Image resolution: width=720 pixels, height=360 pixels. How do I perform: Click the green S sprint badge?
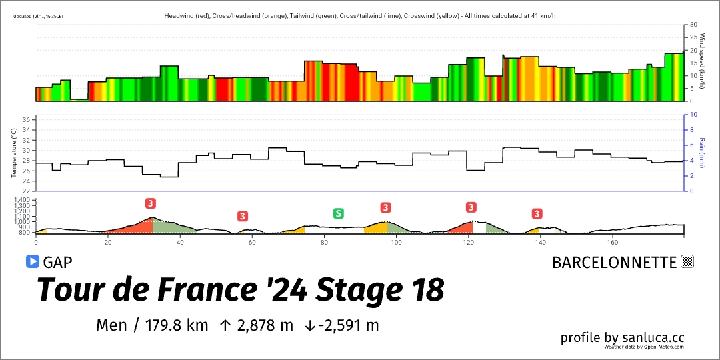339,213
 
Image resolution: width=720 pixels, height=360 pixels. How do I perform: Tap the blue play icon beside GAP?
32,261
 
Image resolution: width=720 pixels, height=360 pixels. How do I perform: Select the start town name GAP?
57,262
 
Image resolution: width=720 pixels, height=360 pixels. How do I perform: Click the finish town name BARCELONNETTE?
614,262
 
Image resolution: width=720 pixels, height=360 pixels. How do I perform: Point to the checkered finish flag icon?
687,261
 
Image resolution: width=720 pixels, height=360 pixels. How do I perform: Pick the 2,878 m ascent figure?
264,325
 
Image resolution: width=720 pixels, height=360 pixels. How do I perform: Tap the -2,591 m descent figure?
349,325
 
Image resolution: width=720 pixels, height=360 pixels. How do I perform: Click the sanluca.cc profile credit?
622,338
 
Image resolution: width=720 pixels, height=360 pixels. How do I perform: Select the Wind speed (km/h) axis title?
701,61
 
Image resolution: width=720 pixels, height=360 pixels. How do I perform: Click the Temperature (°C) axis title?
13,153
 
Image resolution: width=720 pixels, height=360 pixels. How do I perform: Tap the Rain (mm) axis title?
701,153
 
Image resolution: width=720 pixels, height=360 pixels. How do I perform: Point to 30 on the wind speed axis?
693,25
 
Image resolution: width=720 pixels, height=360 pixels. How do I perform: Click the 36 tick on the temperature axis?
27,120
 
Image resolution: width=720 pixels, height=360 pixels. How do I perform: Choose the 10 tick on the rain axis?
693,115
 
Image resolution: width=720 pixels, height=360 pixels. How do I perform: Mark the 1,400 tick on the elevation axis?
22,200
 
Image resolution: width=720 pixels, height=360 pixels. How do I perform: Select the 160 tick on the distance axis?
613,243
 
